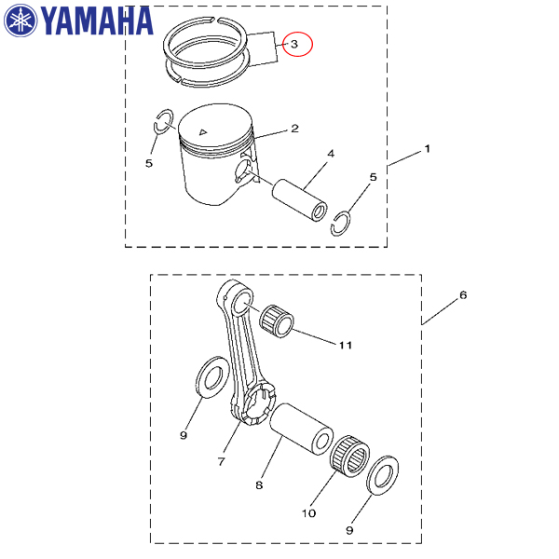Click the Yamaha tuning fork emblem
point(20,20)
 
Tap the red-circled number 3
point(294,44)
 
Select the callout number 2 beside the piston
point(294,129)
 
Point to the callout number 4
point(331,154)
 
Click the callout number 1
point(427,149)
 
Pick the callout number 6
point(463,294)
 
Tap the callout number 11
point(345,345)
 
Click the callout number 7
point(222,461)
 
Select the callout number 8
point(259,484)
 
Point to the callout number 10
point(308,513)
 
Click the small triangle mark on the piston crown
point(203,132)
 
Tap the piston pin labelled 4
point(299,200)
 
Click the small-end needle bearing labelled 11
point(277,321)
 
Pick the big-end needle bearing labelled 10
point(350,457)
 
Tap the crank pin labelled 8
point(301,429)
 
